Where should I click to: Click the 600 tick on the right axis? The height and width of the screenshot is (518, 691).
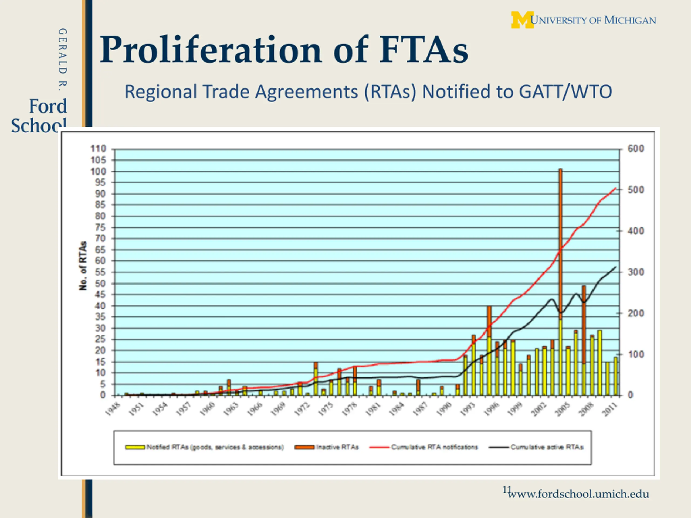tap(636, 149)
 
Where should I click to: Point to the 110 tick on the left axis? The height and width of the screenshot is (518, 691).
tap(99, 149)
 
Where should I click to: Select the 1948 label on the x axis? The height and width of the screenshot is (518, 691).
tap(113, 409)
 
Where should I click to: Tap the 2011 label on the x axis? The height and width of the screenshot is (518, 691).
tap(611, 409)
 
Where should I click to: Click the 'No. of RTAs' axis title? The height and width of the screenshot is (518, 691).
tap(83, 266)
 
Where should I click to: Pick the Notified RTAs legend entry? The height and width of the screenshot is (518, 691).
tap(205, 447)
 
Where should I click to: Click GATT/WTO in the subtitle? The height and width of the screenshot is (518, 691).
tap(565, 92)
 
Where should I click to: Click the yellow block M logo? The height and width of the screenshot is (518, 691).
tap(522, 20)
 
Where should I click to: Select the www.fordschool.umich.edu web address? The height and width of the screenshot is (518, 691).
tap(578, 494)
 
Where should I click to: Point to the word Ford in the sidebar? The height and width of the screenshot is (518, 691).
tap(48, 106)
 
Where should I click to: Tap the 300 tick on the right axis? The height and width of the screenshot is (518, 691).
tap(636, 272)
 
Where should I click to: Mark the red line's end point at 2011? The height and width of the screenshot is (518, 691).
tap(615, 188)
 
